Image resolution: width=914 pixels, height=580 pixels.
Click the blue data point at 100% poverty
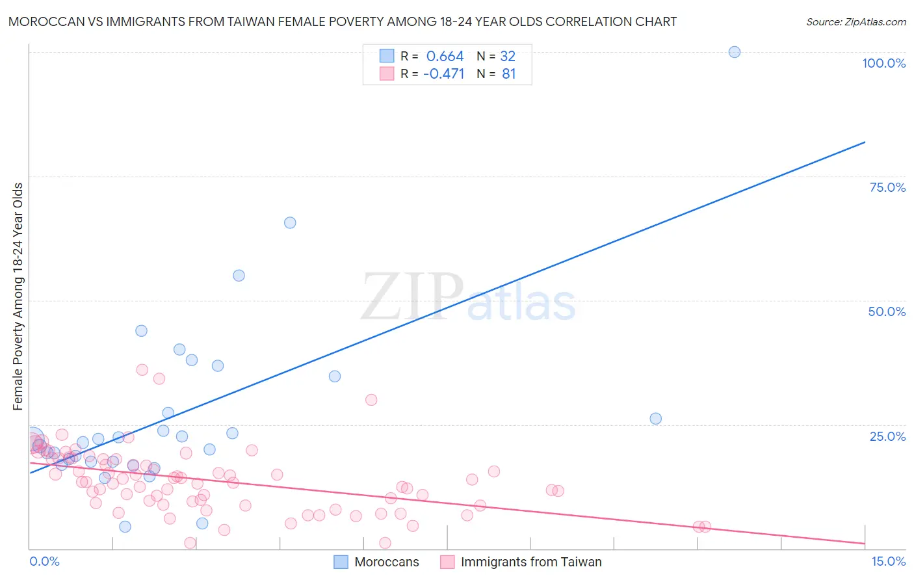point(734,52)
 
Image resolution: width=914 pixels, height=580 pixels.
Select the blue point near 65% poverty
point(290,222)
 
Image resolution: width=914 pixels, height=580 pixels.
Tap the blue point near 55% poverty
point(239,276)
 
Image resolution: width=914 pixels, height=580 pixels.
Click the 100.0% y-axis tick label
point(883,63)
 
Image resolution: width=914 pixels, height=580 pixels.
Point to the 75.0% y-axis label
point(887,187)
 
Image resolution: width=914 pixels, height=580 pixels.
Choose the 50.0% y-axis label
point(887,311)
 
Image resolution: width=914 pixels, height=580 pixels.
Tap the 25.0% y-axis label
point(887,436)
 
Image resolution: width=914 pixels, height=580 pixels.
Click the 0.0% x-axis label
point(44,561)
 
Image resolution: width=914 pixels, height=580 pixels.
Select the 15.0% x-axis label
point(888,561)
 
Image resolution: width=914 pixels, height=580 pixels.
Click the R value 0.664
point(445,57)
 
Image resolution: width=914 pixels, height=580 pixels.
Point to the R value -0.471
point(443,74)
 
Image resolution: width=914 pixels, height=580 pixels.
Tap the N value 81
point(508,74)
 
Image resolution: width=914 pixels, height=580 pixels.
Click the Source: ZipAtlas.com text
point(855,22)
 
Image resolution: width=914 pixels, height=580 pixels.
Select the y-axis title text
point(18,297)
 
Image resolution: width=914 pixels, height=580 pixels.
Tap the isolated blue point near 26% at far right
point(655,419)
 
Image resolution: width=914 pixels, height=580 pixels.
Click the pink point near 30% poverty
point(371,400)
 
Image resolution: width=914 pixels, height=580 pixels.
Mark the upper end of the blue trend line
point(865,142)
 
